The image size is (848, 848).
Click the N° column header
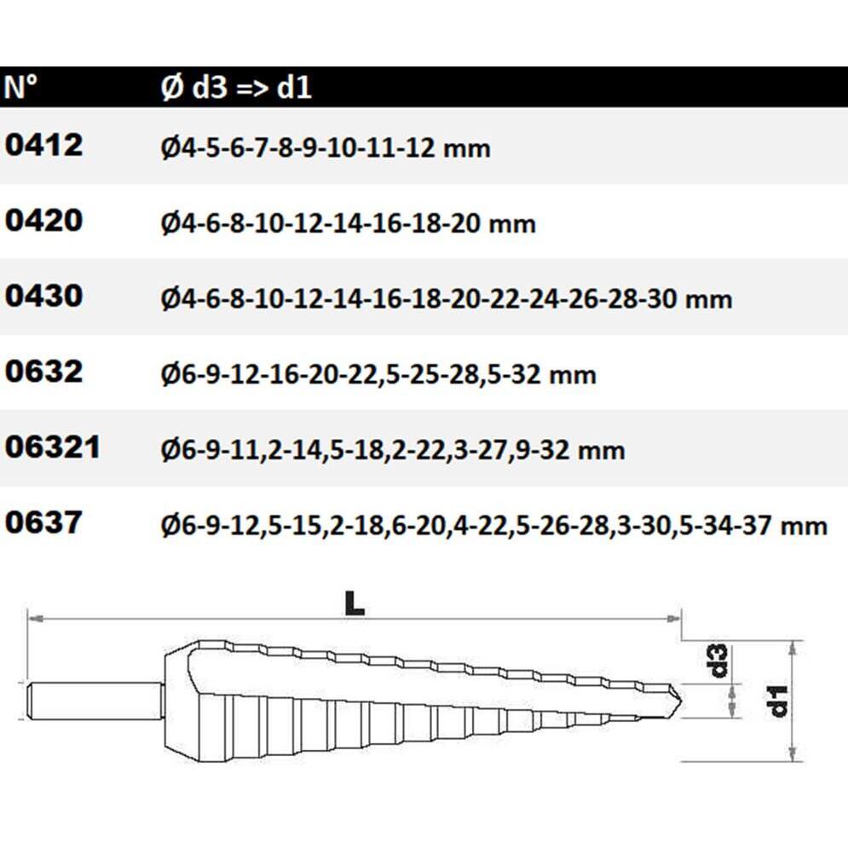20,87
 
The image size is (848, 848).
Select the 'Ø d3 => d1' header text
236,87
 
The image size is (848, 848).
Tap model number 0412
43,145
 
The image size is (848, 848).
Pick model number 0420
43,220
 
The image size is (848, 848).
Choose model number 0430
43,296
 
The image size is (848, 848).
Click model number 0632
43,372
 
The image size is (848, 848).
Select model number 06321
53,447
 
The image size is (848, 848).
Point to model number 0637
43,522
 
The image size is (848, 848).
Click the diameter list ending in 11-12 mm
326,147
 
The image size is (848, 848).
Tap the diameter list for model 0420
349,223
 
